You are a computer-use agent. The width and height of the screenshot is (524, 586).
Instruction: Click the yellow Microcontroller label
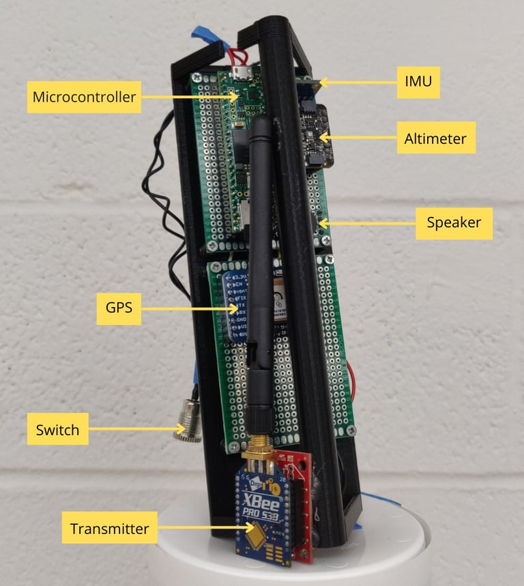click(x=84, y=97)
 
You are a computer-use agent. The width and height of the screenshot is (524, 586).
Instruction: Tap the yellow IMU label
click(x=418, y=83)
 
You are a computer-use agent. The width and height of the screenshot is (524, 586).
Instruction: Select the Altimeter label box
click(x=435, y=138)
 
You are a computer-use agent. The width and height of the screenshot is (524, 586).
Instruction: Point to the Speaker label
click(x=454, y=223)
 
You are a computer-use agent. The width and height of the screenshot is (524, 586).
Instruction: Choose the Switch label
click(x=57, y=430)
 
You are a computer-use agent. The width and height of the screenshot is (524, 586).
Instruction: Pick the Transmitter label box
click(x=109, y=528)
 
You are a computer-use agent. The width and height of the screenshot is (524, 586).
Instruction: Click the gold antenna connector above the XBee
click(x=257, y=447)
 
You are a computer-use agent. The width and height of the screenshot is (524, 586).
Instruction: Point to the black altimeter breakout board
click(x=314, y=133)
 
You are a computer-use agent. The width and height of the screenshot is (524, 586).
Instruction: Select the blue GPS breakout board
click(x=232, y=307)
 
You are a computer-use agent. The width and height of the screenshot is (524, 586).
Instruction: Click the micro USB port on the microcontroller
click(x=240, y=74)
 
